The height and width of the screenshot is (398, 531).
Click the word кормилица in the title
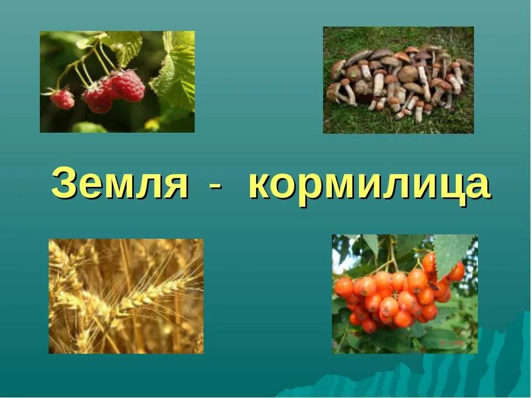[x=369, y=185]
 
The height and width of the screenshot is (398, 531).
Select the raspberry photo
[x=117, y=82]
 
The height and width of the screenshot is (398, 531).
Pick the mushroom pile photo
[x=398, y=80]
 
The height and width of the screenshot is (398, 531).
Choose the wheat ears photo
[x=126, y=296]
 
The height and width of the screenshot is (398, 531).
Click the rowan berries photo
[x=404, y=294]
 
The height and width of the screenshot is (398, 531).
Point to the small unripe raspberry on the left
[x=63, y=98]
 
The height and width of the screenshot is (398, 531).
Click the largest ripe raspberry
[x=128, y=86]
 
